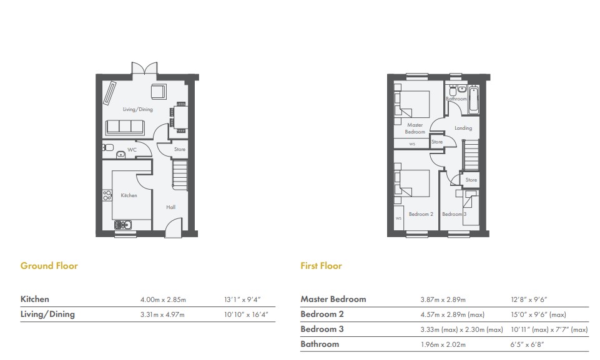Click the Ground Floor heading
pos(49,266)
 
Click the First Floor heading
pos(321,266)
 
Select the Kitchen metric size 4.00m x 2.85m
pos(163,299)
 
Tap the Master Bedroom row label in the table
pos(333,299)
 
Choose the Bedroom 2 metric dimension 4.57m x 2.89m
pos(452,314)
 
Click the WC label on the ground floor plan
pos(132,150)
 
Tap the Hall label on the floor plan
pos(170,207)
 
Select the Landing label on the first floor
pos(463,128)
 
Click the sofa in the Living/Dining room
pos(124,127)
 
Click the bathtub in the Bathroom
pos(473,99)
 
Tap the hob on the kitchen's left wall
pos(106,195)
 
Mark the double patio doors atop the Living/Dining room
pos(141,69)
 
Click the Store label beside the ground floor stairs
pos(180,149)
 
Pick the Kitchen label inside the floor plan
pos(129,195)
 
